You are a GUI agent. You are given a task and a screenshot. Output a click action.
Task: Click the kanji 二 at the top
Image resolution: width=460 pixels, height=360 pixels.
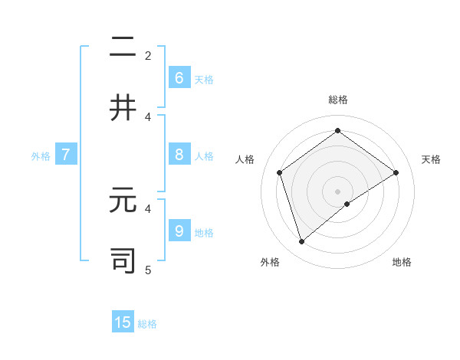(123, 47)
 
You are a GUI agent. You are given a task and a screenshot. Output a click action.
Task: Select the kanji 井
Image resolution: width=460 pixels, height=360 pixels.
(123, 108)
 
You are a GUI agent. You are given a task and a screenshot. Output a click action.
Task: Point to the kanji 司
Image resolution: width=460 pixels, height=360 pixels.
(123, 260)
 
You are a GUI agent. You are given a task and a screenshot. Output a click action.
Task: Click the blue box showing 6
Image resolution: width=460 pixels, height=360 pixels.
(179, 77)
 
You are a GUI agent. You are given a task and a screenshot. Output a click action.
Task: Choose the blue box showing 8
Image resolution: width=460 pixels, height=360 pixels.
(179, 155)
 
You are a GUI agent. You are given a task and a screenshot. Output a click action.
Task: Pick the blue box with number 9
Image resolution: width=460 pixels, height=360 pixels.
(179, 231)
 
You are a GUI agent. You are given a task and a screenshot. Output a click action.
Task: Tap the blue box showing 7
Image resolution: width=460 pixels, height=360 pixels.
(66, 155)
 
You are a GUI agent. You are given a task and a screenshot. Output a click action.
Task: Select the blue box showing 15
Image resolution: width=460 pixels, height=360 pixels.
(123, 322)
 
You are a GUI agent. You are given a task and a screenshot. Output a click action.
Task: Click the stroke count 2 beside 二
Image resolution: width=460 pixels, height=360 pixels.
(148, 56)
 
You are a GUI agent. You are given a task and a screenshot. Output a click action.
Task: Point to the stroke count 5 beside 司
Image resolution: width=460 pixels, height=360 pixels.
(148, 270)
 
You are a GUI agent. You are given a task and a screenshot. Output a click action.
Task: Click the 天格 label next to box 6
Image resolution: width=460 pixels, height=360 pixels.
(204, 80)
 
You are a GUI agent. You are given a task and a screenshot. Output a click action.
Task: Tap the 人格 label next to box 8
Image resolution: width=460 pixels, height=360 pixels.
(204, 156)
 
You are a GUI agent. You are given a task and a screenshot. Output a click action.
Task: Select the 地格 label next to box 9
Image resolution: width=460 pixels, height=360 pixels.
(204, 233)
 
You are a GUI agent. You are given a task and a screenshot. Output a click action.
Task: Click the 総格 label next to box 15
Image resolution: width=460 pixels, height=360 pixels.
(147, 324)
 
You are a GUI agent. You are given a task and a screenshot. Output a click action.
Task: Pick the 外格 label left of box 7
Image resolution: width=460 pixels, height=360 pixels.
(41, 156)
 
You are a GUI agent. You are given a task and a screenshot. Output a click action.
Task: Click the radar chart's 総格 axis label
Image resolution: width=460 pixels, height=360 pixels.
(337, 100)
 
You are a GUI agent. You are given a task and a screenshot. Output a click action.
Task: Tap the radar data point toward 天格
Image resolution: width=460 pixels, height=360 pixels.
(396, 172)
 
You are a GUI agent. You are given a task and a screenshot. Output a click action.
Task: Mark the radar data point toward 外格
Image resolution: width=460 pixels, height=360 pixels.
(301, 242)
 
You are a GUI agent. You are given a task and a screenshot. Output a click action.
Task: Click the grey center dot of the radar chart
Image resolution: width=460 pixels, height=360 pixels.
(337, 191)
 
